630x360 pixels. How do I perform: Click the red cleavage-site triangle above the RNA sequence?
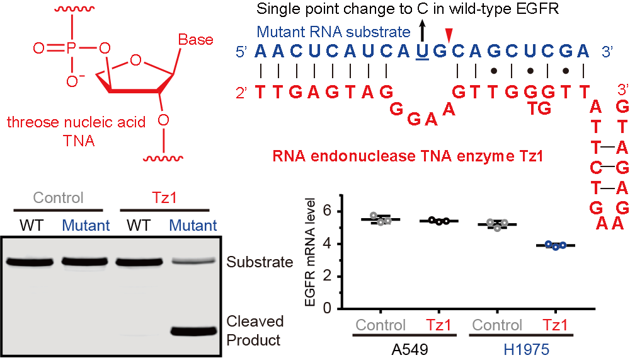450,35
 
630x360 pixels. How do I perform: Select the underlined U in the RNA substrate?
422,52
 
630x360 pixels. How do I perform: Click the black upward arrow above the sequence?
422,32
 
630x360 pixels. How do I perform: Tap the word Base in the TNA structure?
196,40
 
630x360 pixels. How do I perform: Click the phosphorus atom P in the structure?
71,49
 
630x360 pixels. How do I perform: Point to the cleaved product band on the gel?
193,332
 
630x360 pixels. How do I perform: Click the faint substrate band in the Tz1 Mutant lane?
193,262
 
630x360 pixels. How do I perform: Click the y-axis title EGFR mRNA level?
310,252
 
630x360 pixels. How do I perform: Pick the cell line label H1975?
526,350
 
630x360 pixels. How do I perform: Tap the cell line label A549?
410,350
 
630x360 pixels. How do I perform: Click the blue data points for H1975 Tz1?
556,245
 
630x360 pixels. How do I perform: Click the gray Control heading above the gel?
58,198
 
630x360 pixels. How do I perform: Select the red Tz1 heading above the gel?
164,198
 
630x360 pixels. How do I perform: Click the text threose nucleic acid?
76,122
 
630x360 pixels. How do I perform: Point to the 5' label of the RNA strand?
241,52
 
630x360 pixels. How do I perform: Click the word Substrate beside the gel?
260,262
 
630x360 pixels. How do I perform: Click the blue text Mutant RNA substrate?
333,32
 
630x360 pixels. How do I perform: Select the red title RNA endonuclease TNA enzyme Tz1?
408,156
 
